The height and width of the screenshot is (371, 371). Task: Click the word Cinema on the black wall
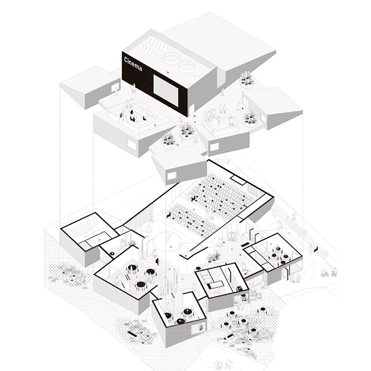point(133,64)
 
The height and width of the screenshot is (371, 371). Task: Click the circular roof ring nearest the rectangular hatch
point(172,57)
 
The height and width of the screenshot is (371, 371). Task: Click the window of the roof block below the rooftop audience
point(131,145)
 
